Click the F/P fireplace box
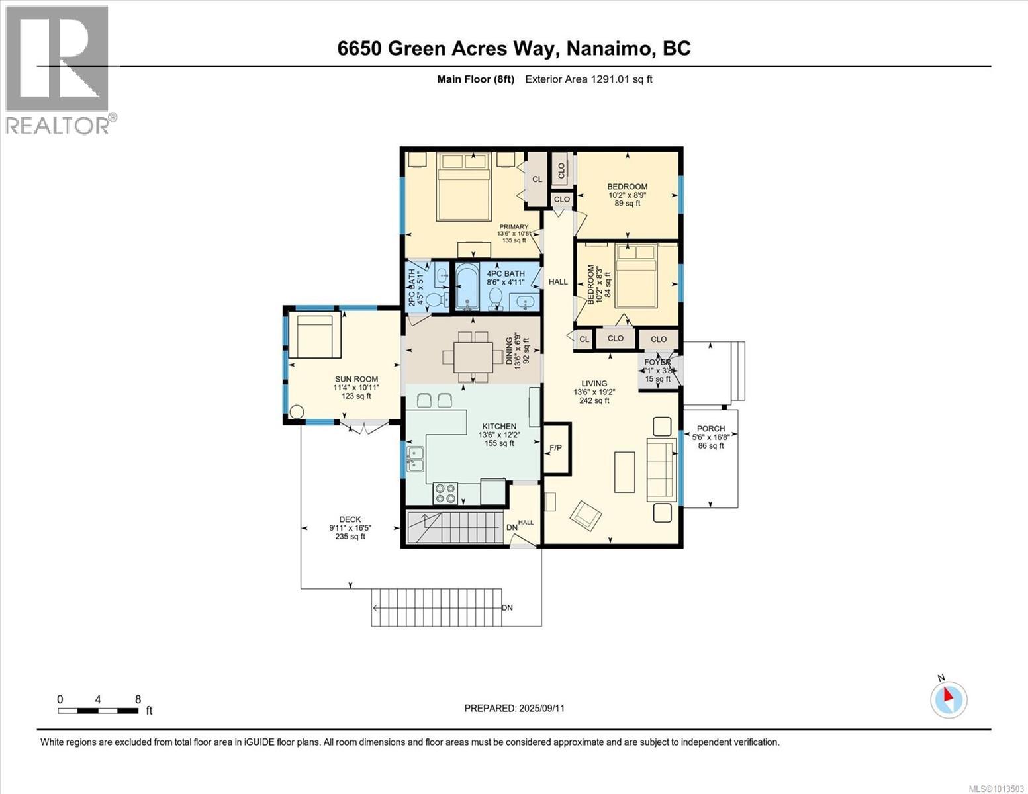pos(556,448)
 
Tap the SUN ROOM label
pos(356,379)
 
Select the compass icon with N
pos(949,699)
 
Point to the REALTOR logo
pos(58,69)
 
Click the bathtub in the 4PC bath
pos(467,287)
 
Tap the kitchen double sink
pos(416,459)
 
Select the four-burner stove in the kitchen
pos(445,493)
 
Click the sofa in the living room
pos(658,469)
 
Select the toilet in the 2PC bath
pos(435,300)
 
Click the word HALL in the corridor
pos(558,281)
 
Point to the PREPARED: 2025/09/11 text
pos(514,708)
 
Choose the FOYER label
pos(657,362)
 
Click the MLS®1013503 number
pos(996,788)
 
